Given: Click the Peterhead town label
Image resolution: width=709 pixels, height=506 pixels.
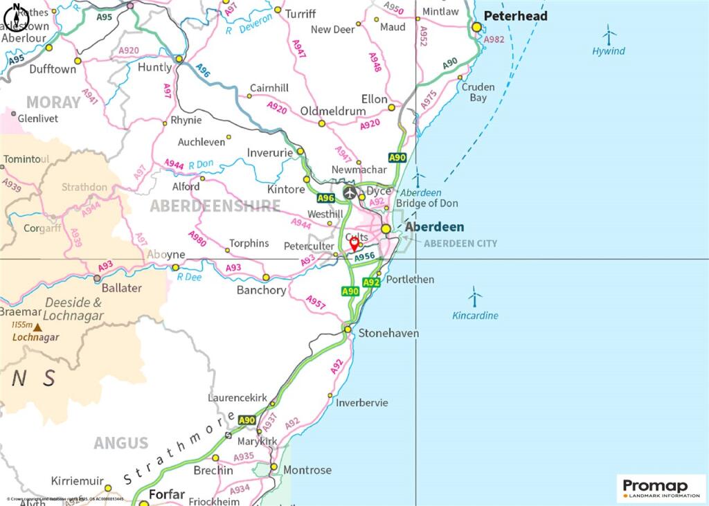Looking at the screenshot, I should (x=515, y=16).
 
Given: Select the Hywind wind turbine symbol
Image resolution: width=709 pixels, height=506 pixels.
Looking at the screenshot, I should (x=609, y=35).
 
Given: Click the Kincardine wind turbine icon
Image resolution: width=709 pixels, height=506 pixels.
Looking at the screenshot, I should (x=474, y=298).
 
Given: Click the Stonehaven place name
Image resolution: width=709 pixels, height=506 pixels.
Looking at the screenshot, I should (x=388, y=334).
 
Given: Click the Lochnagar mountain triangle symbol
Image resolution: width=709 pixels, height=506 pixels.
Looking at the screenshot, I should (x=37, y=327).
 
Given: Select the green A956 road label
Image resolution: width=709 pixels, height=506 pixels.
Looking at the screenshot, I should (x=364, y=257).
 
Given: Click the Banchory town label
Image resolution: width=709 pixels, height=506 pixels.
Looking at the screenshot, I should (x=261, y=290).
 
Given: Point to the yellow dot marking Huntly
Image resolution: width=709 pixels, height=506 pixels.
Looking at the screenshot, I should (x=179, y=60).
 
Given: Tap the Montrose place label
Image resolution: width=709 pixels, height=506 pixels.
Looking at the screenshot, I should (x=308, y=470).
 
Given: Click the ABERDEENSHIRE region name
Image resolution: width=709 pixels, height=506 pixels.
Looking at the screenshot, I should (x=215, y=206).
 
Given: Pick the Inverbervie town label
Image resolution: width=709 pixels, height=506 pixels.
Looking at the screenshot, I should (x=362, y=403).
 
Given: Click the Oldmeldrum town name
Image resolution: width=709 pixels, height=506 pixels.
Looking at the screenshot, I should (x=332, y=111).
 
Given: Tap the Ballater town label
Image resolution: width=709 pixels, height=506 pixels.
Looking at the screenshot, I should (x=121, y=288).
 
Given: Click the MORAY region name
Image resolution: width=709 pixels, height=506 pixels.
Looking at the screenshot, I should (x=53, y=102).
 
